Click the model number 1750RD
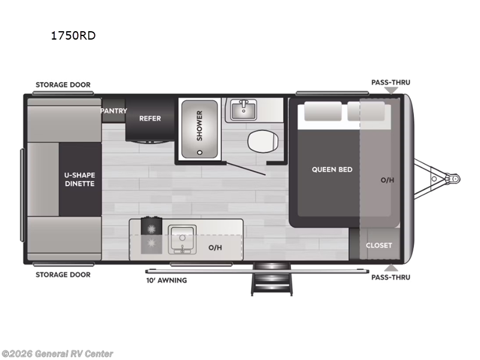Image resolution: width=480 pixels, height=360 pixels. coord(73,35)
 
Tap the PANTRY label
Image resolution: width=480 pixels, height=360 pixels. coord(113,111)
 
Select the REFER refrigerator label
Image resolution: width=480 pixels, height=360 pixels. coord(150,118)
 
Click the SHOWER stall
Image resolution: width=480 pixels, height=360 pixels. coord(199,125)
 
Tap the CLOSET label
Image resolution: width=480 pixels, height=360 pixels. coord(379,245)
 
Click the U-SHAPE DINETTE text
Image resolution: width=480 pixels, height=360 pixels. coord(80,179)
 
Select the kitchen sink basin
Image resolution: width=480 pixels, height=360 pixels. coord(181,238)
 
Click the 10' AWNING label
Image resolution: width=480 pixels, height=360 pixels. coord(167,280)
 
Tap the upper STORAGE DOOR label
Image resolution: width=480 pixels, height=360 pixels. coord(63,85)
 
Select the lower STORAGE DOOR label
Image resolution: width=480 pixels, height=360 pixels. coord(63,275)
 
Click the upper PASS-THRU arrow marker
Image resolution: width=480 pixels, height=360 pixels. coord(391,91)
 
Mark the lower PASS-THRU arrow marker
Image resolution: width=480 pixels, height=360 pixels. coord(391,267)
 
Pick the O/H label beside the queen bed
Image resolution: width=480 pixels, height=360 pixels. coord(388,180)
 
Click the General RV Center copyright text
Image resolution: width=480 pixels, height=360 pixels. coord(58,354)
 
